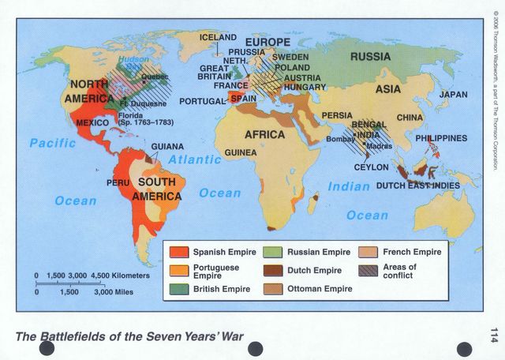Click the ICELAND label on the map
click(218, 37)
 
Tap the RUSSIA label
click(370, 57)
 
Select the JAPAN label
click(453, 95)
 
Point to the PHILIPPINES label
click(441, 138)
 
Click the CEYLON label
click(371, 167)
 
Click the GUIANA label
click(167, 147)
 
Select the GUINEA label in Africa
click(241, 152)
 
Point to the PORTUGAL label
click(203, 102)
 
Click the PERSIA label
click(337, 115)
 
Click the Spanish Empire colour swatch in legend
click(178, 253)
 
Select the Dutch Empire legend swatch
click(273, 271)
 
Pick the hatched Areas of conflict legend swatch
click(368, 271)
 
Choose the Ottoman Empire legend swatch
click(273, 289)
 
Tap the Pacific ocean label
click(53, 143)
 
